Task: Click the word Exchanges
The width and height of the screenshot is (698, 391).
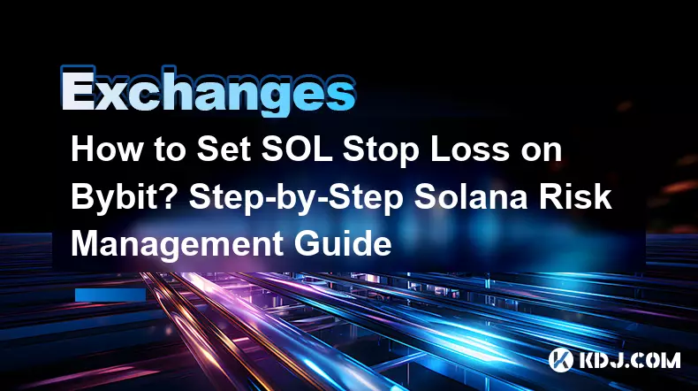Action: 208,91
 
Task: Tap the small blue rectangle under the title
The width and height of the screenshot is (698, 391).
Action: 110,295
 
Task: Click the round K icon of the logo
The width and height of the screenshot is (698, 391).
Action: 560,359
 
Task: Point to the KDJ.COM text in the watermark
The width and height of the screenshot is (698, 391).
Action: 629,360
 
